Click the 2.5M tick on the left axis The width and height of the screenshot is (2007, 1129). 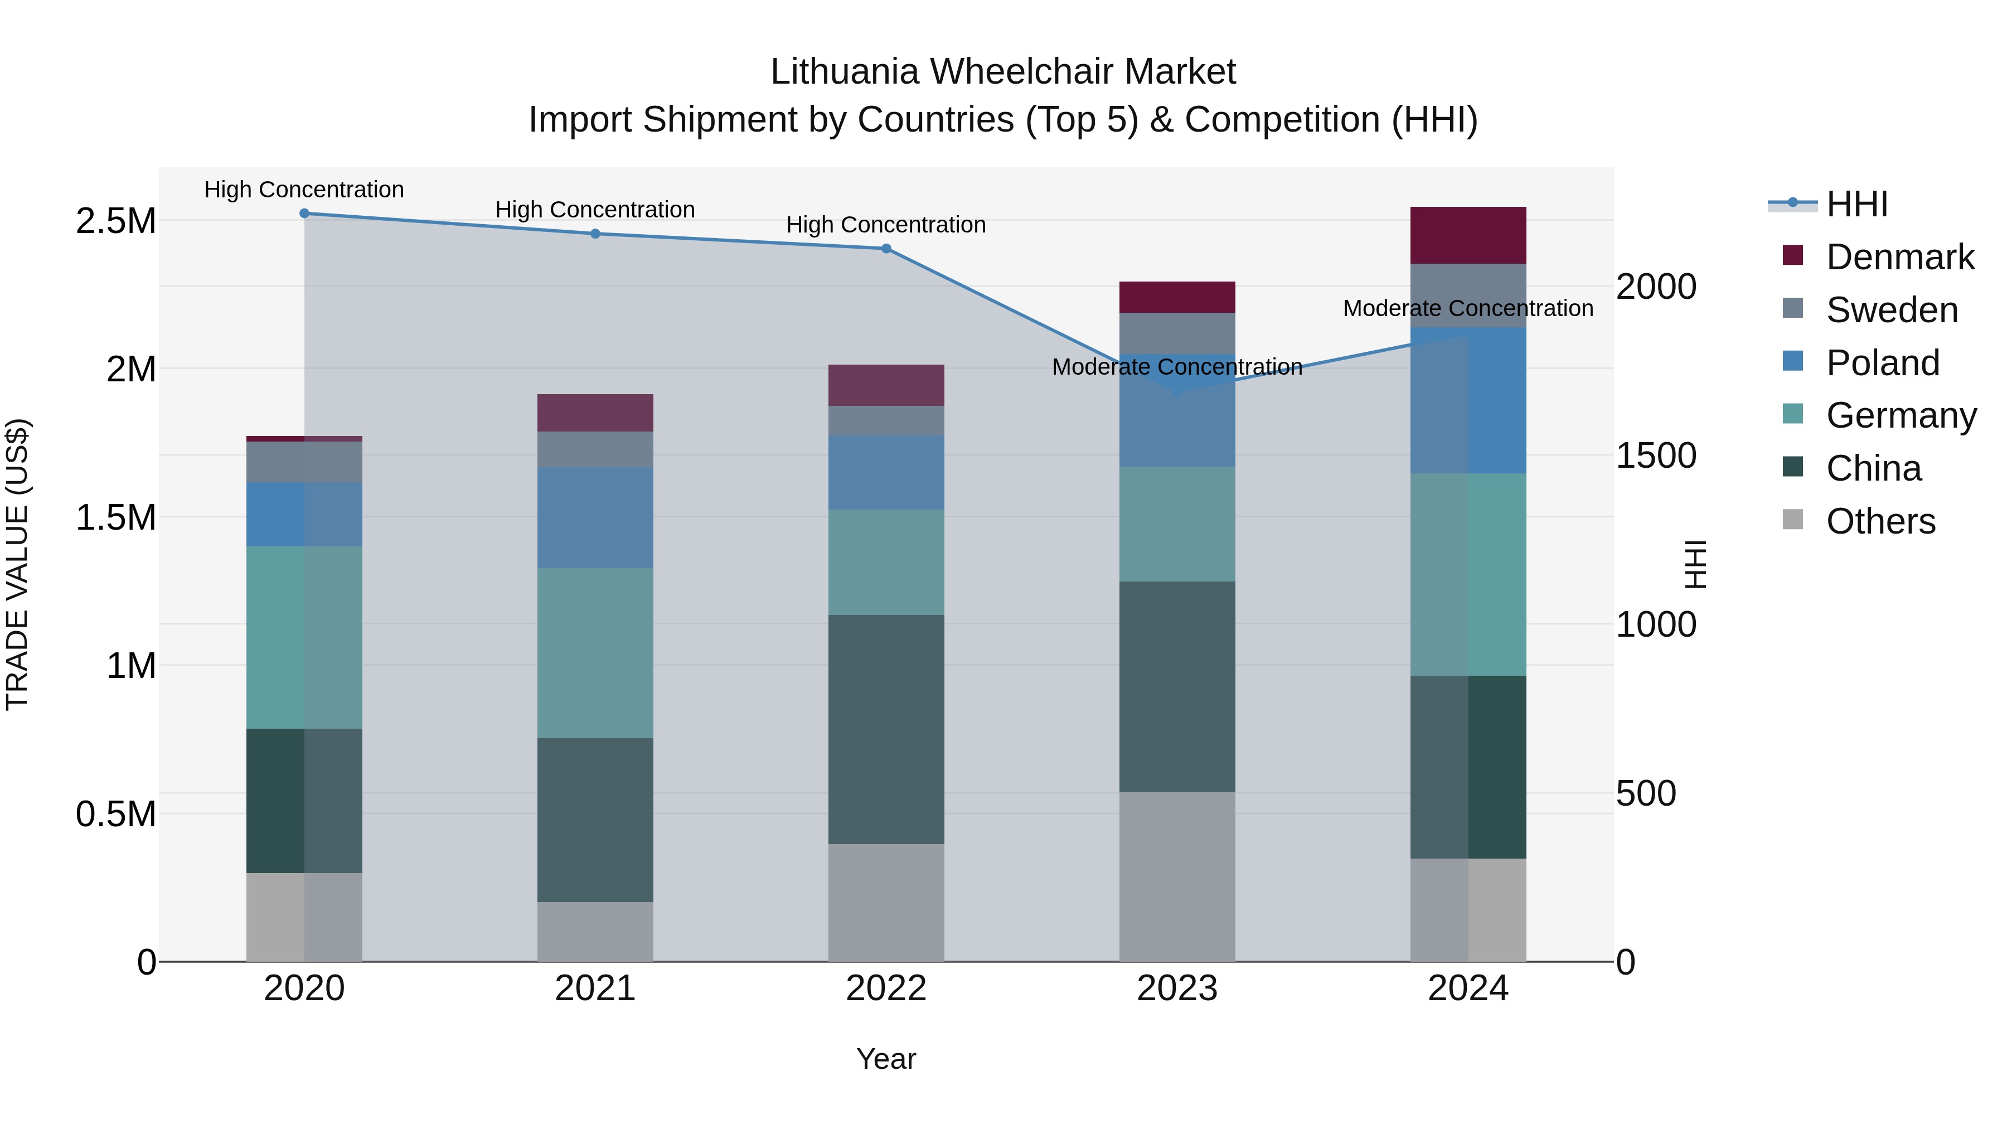[x=116, y=221]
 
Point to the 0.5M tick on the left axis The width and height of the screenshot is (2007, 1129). [x=116, y=814]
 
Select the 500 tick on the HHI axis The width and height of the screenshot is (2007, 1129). [x=1646, y=793]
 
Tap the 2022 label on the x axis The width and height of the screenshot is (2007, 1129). [x=886, y=989]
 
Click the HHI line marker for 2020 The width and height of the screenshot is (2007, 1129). [x=304, y=214]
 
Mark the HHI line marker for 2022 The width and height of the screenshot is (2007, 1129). [x=886, y=249]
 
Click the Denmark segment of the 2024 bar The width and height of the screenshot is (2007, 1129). [x=1468, y=235]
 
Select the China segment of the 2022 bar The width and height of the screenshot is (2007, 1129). [x=886, y=729]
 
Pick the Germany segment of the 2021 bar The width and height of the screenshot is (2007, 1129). [x=595, y=653]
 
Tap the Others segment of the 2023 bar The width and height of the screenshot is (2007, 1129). [x=1176, y=876]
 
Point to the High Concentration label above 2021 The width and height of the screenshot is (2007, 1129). [x=595, y=210]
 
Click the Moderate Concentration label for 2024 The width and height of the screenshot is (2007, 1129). [x=1468, y=308]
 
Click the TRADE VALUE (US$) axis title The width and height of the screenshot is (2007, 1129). [x=17, y=565]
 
